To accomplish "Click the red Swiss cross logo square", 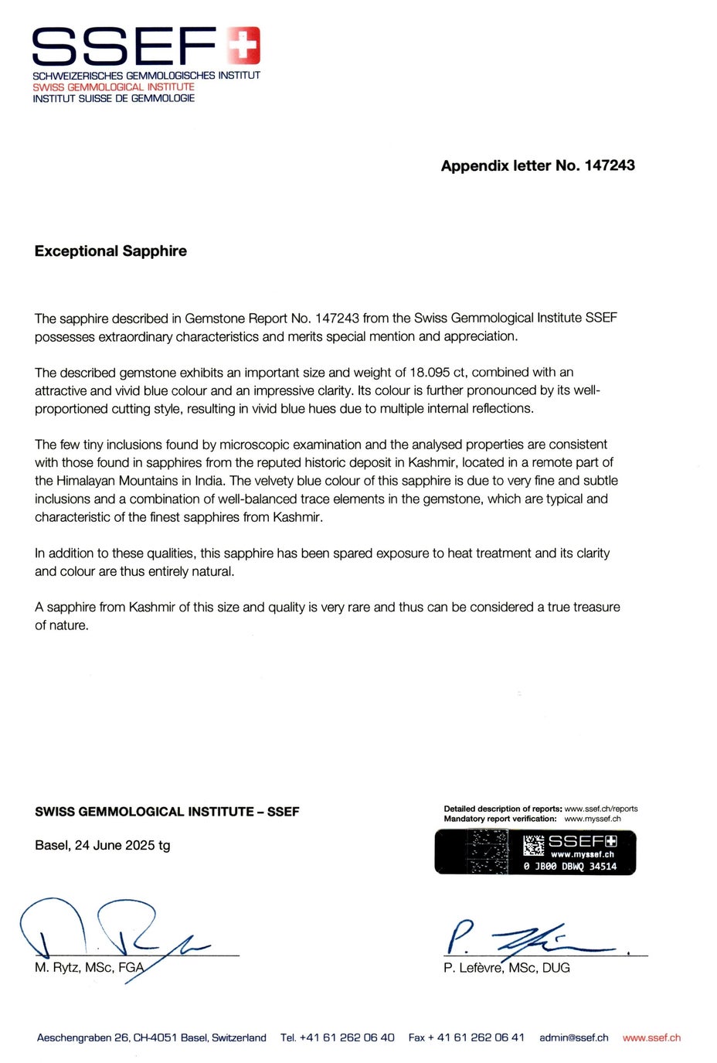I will pos(244,44).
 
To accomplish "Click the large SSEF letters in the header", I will pos(124,46).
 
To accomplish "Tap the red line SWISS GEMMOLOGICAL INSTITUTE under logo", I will pos(113,87).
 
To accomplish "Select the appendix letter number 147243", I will pos(610,165).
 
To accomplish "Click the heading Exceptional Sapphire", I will pos(110,251).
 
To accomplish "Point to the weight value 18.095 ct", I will pos(441,373).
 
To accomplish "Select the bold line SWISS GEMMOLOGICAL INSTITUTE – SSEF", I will pos(167,812).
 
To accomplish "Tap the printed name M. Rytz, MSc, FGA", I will pos(89,968).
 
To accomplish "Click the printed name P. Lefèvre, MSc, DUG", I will pos(507,968).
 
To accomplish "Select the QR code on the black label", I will pos(534,845).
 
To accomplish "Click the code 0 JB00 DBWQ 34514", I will pos(570,867).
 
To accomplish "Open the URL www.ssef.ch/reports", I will pos(601,809).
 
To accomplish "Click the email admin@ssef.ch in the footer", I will pos(573,1037).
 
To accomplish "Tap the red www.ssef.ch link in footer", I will pos(651,1037).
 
